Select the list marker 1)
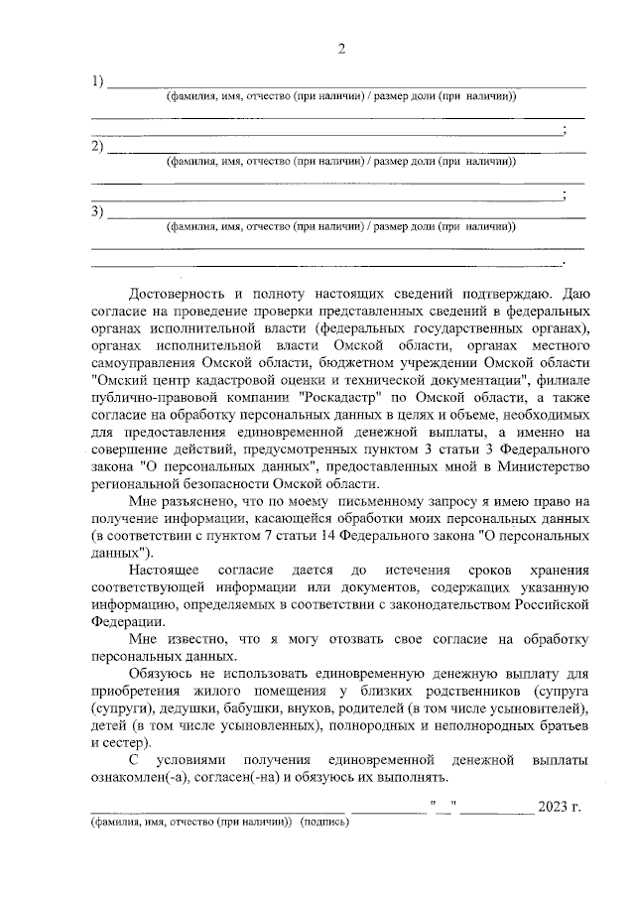[97, 81]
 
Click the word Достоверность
[181, 295]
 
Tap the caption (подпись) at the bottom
[325, 823]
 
